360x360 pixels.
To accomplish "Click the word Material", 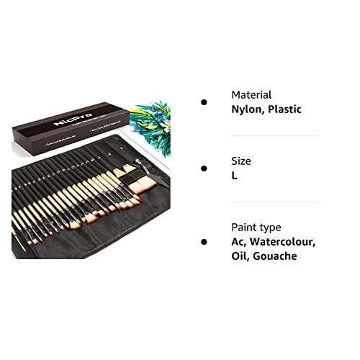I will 251,94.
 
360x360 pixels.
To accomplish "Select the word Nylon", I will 248,109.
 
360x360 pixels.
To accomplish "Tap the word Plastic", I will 284,109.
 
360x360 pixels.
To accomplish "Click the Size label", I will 241,161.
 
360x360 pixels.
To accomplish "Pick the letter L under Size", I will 234,176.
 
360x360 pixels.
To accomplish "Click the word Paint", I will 245,227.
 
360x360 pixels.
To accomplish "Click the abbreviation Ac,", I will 239,242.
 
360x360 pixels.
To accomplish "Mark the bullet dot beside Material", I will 204,102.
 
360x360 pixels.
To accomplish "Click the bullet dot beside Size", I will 204,168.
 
